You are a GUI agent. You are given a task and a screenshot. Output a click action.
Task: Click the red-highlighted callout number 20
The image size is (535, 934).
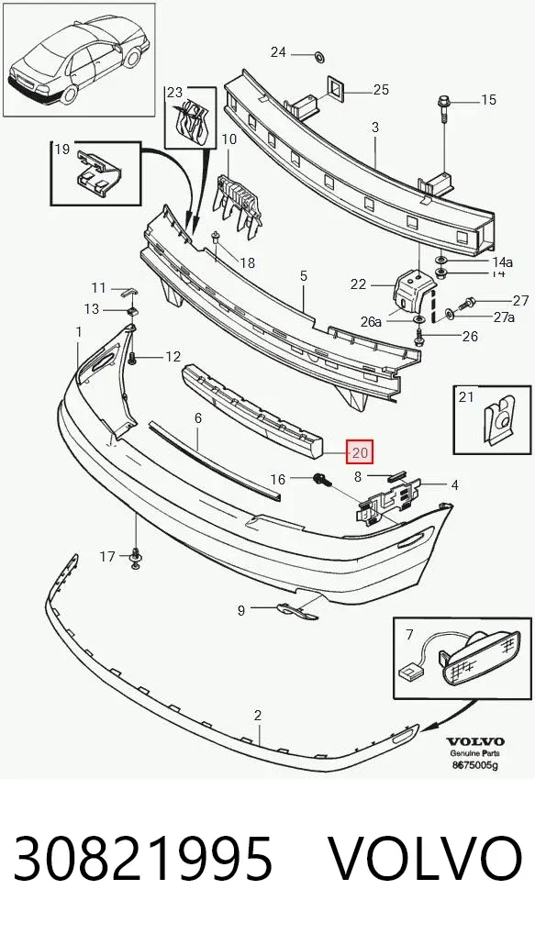point(361,452)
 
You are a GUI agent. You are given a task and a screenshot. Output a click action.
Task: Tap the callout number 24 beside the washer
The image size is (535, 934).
point(278,52)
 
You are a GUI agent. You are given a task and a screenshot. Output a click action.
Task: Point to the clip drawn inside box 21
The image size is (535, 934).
point(496,420)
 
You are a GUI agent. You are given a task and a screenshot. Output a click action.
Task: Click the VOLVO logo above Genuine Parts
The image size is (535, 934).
point(475,741)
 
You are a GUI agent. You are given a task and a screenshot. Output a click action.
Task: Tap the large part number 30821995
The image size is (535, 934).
point(143,858)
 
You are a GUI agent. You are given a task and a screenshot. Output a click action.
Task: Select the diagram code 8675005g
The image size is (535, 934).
point(474,765)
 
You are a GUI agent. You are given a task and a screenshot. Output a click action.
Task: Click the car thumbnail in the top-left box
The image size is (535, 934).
point(79,61)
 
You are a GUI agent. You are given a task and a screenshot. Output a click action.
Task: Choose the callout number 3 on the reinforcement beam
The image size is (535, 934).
point(375,127)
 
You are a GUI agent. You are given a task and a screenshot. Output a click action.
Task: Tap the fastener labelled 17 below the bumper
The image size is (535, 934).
point(135,558)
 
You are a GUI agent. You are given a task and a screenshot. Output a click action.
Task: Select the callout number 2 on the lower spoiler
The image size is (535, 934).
point(257,716)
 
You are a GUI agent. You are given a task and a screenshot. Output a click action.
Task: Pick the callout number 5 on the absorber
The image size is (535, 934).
point(304,276)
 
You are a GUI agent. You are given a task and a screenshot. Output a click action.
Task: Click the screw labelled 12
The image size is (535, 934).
point(132,358)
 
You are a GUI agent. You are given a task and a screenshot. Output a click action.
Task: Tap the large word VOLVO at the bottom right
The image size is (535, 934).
point(426,858)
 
